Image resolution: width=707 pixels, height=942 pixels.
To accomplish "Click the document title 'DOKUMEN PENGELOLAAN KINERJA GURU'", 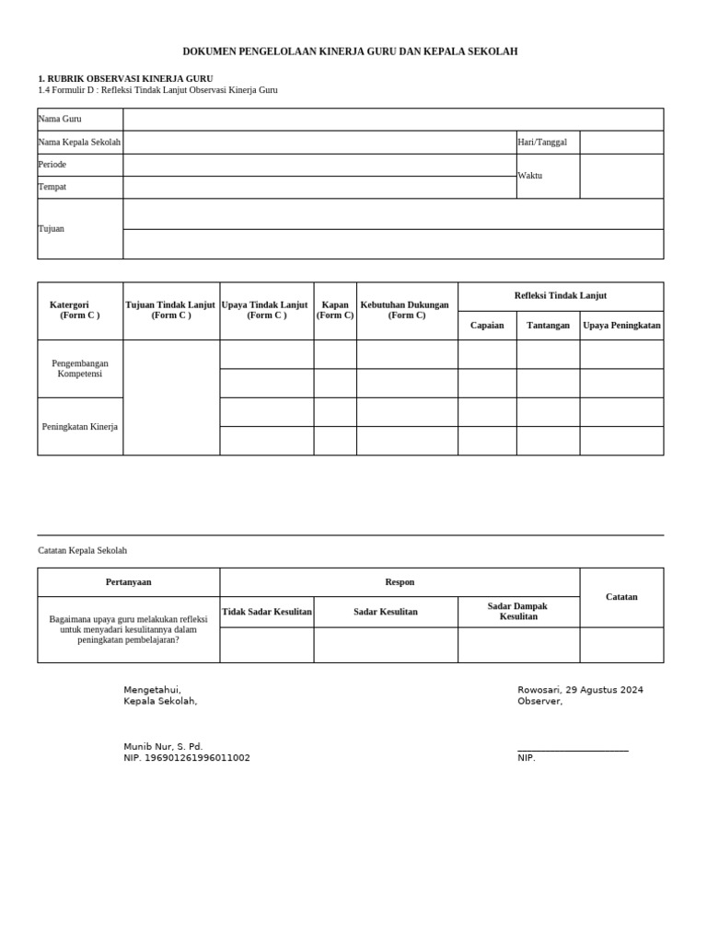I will (350, 52).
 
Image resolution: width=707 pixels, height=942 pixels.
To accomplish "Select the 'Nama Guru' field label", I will (60, 119).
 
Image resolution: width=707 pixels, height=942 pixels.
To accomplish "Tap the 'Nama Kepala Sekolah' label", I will (79, 142).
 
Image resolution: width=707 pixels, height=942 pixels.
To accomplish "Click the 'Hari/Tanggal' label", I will (542, 142).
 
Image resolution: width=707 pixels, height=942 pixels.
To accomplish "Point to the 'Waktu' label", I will (530, 175).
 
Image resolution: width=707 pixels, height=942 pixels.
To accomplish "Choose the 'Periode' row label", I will (52, 164).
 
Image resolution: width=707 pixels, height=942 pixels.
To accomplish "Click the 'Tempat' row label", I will (52, 187).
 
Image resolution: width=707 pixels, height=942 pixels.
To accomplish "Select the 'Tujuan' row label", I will (52, 228).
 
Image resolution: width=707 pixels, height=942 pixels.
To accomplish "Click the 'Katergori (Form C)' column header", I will (79, 310).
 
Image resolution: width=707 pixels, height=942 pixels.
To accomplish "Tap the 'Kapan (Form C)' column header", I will (335, 310).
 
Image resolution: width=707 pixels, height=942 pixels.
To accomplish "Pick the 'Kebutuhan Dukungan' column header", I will (406, 310).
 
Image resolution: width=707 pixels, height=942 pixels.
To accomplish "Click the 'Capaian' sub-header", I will (487, 325).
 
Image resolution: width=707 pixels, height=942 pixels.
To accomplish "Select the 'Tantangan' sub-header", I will (548, 325).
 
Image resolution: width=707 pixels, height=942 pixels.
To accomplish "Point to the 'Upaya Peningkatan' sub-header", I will (621, 325).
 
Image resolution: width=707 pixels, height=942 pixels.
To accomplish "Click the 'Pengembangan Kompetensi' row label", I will (79, 369).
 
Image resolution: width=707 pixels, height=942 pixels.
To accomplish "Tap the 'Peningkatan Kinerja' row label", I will (79, 426).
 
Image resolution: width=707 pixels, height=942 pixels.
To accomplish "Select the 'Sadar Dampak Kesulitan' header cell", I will (517, 612).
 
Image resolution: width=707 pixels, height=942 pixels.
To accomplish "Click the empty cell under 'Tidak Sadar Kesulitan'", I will (266, 645).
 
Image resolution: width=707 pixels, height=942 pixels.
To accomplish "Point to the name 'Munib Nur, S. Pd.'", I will (164, 746).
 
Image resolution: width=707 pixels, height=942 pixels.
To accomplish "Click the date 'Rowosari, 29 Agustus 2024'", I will (580, 690).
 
